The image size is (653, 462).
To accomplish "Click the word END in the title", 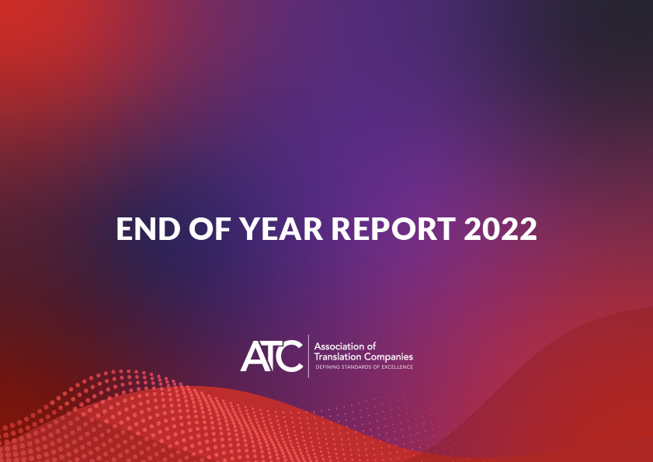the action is point(148,229).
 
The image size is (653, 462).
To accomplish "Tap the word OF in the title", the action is point(210,229).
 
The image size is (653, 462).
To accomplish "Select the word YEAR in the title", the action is point(281,229).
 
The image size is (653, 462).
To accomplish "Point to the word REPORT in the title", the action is point(394,229).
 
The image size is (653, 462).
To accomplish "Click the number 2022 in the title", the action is point(500,229).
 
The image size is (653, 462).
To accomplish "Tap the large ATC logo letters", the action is point(272,356).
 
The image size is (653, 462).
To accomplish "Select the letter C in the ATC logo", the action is point(290,356).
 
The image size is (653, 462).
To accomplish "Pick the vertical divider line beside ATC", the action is point(308,356).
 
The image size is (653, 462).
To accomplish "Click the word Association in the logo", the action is point(339,346).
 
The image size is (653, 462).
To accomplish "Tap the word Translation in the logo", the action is point(337,356).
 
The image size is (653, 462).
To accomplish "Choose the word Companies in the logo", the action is point(388,357).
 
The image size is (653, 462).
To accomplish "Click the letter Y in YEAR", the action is point(249,229).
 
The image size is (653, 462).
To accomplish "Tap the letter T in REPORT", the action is point(445,229).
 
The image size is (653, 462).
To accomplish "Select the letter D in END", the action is point(169,229).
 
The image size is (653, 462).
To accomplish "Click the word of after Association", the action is point(371,346).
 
